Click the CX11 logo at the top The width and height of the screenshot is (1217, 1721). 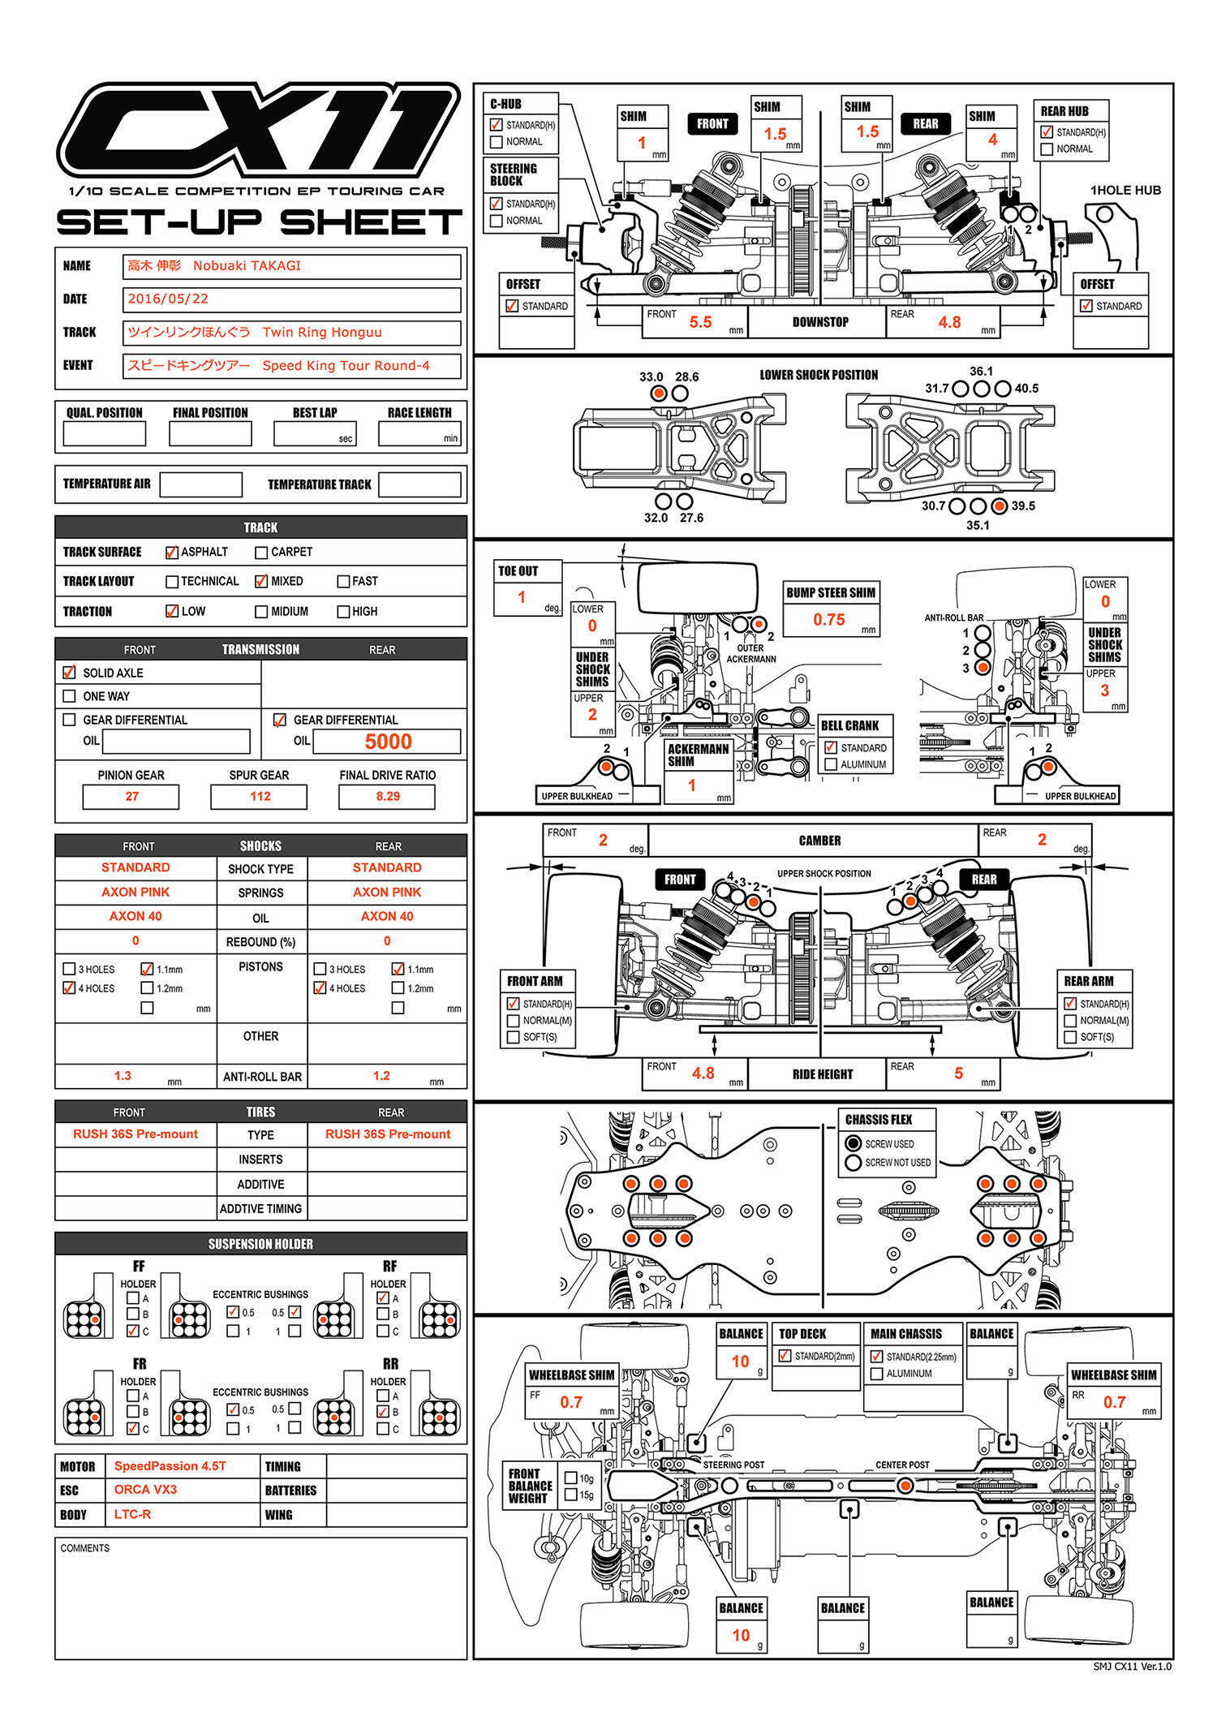[258, 128]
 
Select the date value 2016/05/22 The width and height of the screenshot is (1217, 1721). [168, 299]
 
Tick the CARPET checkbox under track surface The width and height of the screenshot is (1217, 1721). [261, 553]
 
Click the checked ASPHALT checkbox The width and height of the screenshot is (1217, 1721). [172, 553]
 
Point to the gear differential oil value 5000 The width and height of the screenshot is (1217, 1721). [388, 742]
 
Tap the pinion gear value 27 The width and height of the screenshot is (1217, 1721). [131, 796]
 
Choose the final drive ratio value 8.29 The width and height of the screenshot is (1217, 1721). [388, 796]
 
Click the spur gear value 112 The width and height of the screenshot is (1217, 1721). [260, 796]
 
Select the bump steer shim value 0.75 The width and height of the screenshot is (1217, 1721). [829, 620]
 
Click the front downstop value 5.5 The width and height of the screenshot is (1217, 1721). [700, 322]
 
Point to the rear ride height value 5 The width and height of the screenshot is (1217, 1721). [958, 1073]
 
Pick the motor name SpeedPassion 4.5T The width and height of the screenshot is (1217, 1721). [170, 1466]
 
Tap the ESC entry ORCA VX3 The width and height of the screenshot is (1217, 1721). [145, 1490]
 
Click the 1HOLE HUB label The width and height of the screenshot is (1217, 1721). [1125, 190]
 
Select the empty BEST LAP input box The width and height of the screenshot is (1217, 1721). [315, 433]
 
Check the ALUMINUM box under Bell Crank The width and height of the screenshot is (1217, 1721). [831, 764]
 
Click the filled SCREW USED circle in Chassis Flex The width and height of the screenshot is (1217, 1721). [854, 1143]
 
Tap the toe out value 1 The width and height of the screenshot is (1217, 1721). [522, 597]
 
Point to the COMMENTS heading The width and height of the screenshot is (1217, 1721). [85, 1548]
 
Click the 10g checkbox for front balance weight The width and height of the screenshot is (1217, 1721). [571, 1478]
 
